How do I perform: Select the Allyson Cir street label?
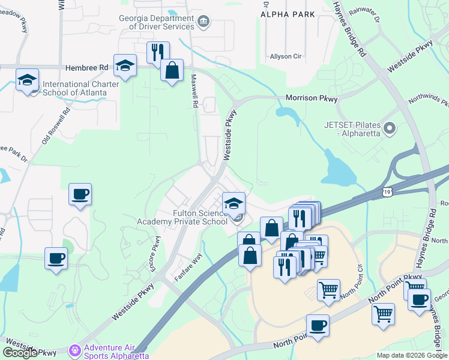285,56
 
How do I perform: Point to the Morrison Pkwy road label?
311,98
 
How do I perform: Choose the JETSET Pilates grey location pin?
390,128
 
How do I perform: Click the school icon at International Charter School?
28,80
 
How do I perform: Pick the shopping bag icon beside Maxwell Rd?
172,70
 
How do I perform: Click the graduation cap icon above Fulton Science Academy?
234,202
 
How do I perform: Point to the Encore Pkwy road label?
156,254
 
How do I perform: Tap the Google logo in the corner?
20,353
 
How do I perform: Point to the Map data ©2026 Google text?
412,355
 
